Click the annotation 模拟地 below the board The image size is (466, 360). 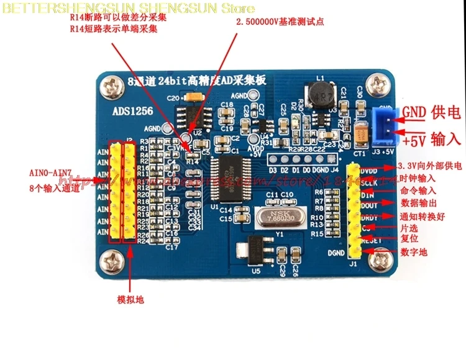pos(131,299)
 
